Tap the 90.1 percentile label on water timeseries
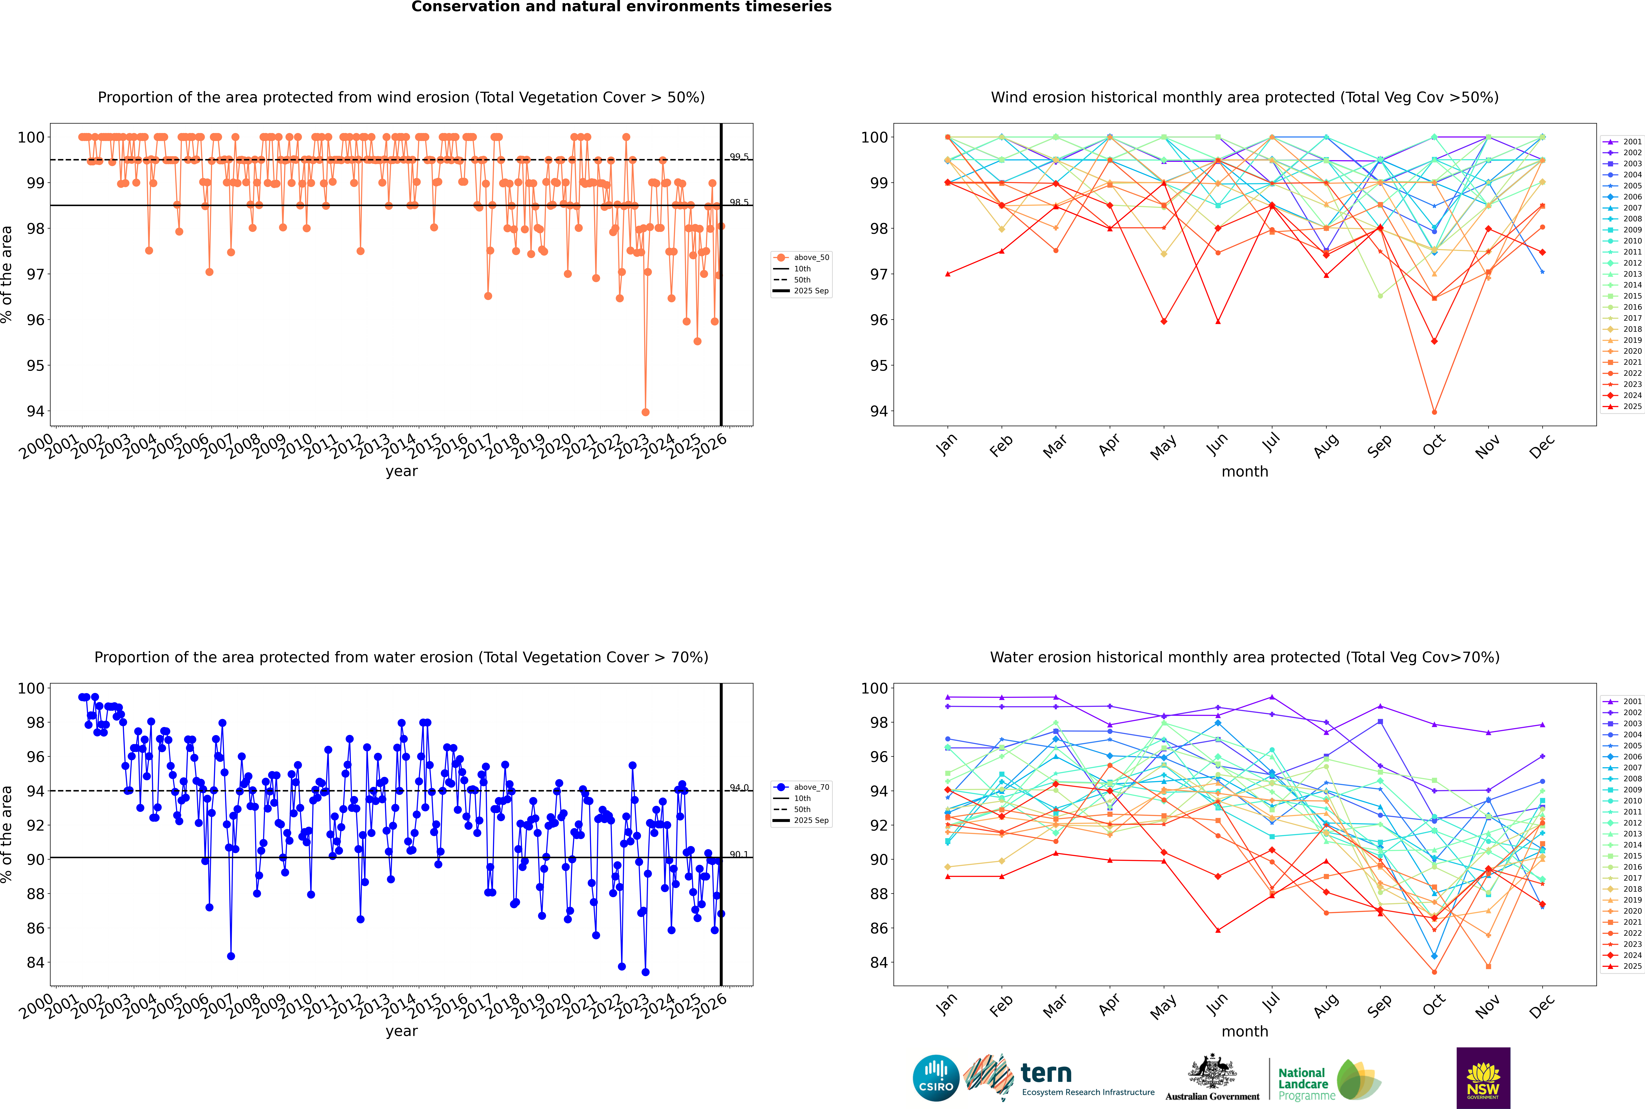pyautogui.click(x=739, y=854)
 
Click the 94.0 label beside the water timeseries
pyautogui.click(x=739, y=787)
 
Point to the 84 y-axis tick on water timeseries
pyautogui.click(x=35, y=963)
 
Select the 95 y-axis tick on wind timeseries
pyautogui.click(x=35, y=366)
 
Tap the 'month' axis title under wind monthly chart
pyautogui.click(x=1245, y=472)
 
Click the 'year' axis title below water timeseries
pyautogui.click(x=402, y=1031)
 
